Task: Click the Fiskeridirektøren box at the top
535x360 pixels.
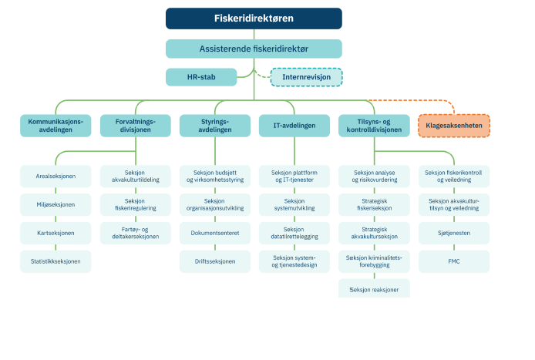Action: [x=254, y=19]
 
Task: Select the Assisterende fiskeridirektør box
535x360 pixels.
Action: [x=254, y=49]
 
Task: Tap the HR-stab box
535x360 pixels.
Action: [x=201, y=77]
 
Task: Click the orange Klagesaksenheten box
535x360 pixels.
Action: [x=454, y=126]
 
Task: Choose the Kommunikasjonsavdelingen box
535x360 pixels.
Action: [x=56, y=126]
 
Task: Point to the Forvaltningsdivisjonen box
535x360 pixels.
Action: [x=135, y=126]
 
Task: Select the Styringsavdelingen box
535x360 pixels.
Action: [x=215, y=126]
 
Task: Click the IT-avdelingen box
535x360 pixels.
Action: [x=294, y=126]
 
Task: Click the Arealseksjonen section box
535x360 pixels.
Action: [x=56, y=177]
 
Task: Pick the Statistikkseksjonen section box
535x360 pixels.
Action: [x=56, y=262]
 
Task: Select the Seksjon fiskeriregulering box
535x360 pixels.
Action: [x=135, y=205]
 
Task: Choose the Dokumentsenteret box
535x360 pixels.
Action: [x=215, y=233]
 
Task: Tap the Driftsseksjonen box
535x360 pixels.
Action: [x=215, y=262]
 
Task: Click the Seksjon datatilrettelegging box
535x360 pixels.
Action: [x=294, y=233]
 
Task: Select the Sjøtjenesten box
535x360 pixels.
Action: [x=454, y=233]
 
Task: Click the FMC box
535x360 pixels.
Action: [x=454, y=262]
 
